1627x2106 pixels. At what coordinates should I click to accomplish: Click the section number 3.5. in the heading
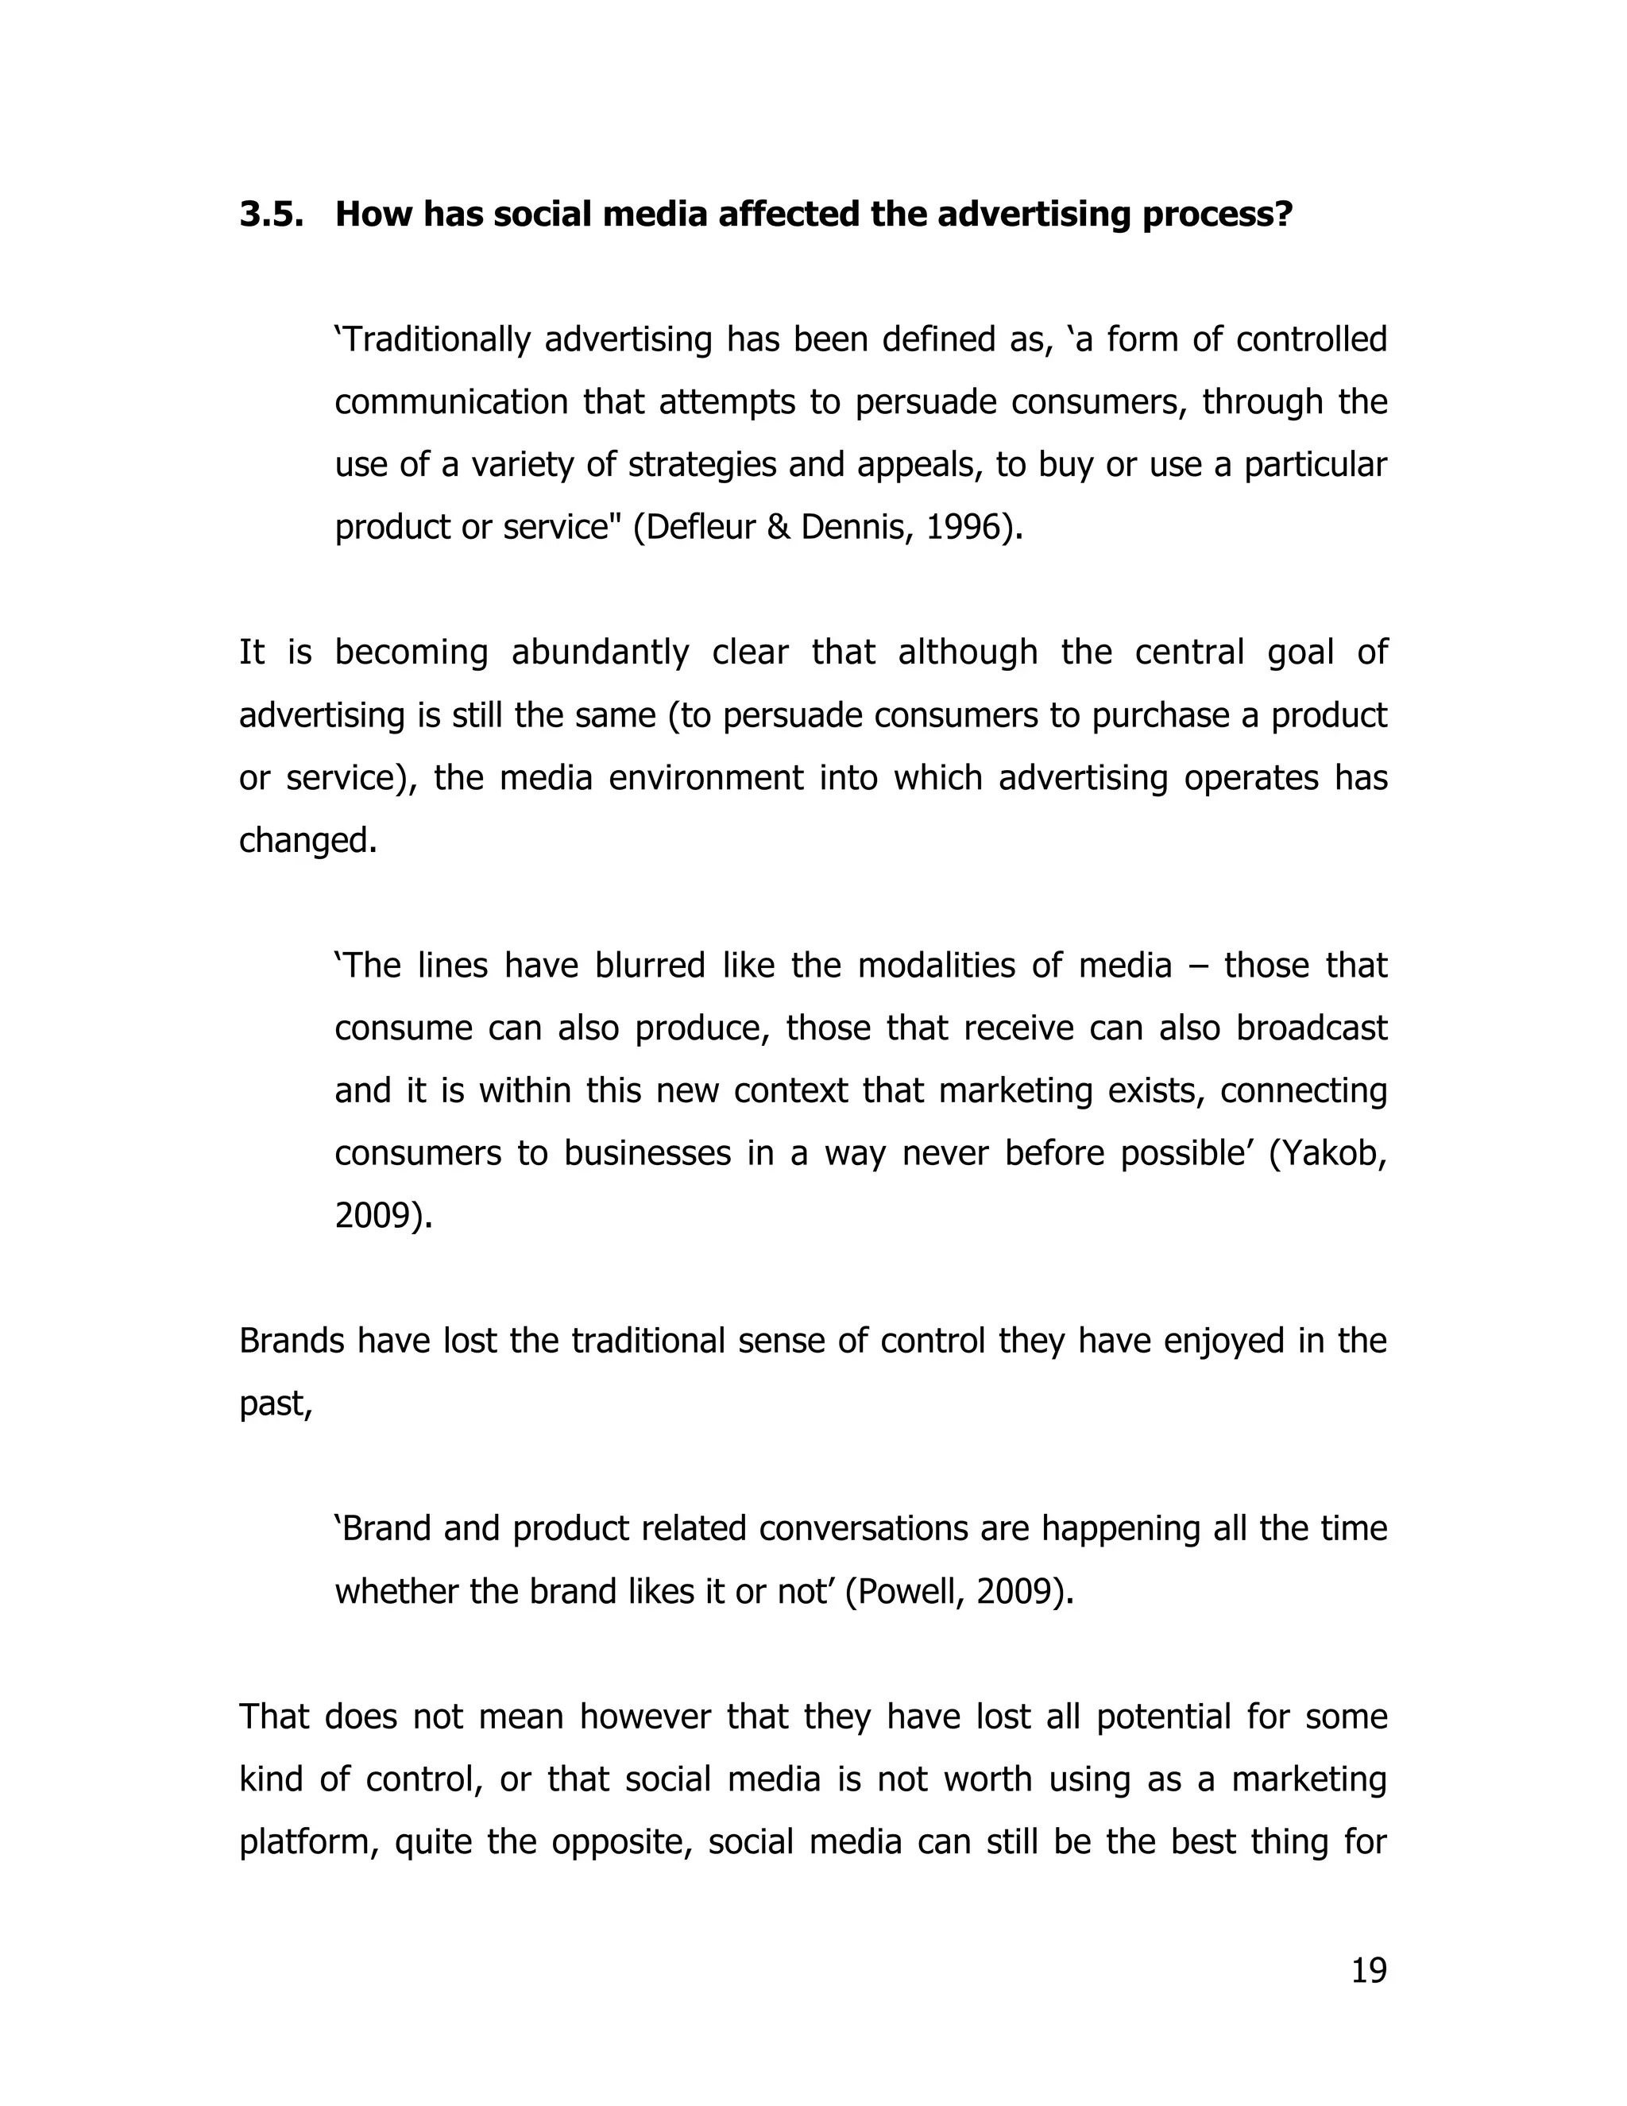coord(271,214)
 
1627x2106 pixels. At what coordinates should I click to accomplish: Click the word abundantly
coord(600,652)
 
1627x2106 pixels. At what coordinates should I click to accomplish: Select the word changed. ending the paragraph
coord(307,841)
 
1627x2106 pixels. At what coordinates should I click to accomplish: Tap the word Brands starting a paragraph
coord(291,1341)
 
